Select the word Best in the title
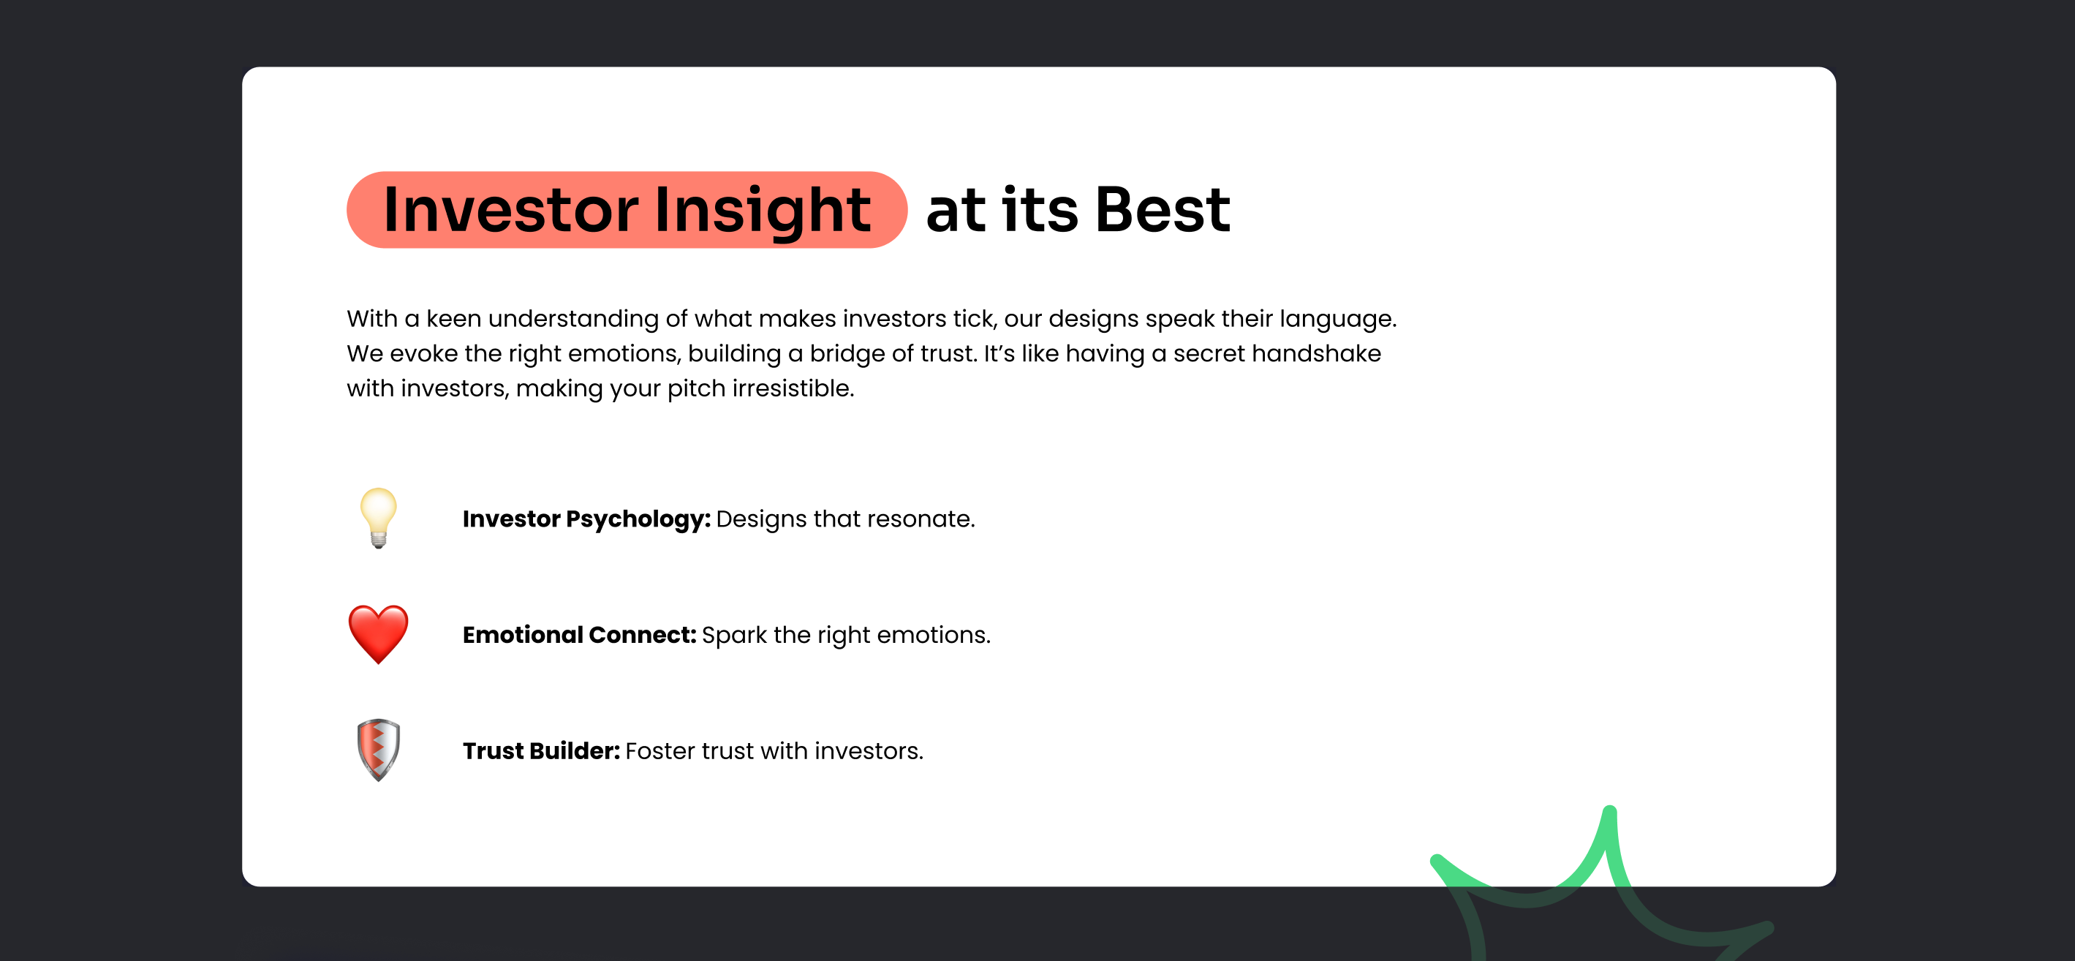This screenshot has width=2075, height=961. (x=1163, y=209)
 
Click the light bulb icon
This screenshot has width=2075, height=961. (x=378, y=518)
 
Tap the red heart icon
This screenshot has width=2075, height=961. (x=378, y=634)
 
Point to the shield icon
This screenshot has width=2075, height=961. (x=378, y=750)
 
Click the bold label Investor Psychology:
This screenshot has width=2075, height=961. (x=586, y=519)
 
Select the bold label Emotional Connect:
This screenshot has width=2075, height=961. (x=579, y=635)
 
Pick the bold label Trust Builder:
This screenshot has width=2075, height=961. (x=541, y=751)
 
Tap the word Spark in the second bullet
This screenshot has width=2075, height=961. (x=734, y=636)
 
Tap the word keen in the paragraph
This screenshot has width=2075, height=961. (x=453, y=318)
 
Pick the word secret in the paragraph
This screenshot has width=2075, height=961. (x=1203, y=354)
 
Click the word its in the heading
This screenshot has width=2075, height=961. (x=1039, y=209)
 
